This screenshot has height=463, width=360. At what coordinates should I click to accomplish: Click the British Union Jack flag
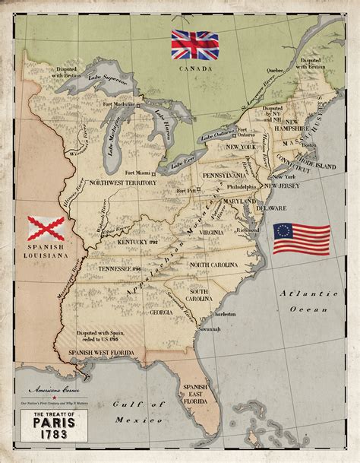click(194, 45)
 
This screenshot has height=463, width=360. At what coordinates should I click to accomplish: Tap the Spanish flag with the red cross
click(46, 230)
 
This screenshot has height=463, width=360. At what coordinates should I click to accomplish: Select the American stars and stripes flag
click(302, 238)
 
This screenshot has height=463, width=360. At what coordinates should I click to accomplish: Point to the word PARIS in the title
click(49, 430)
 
